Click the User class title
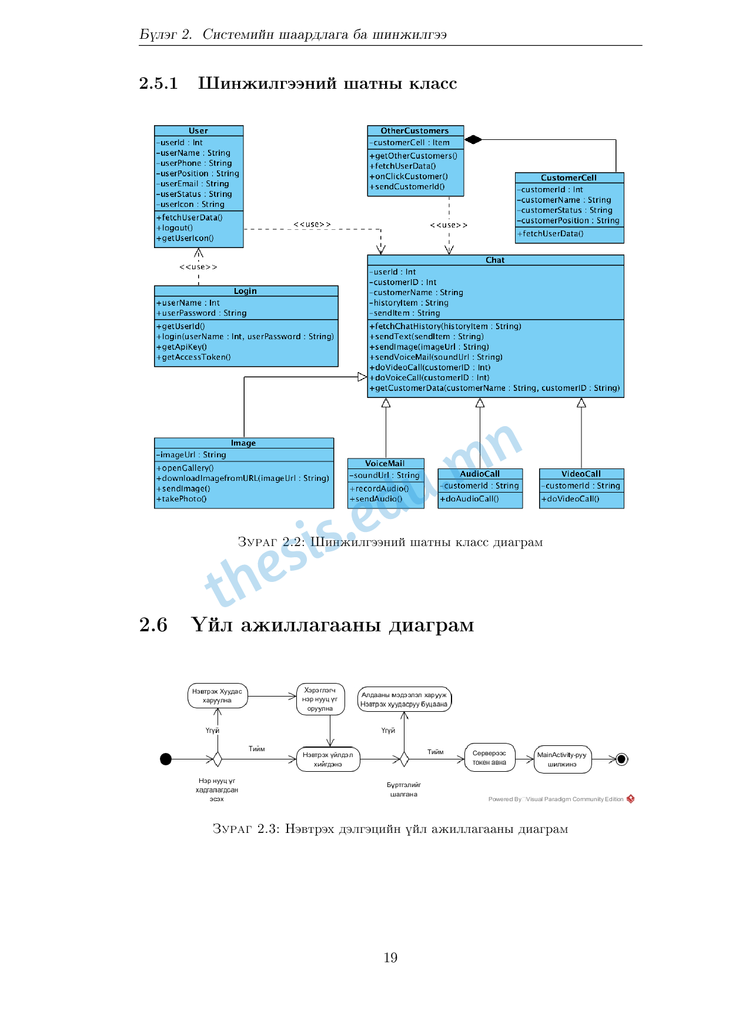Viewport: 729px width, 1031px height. pos(198,130)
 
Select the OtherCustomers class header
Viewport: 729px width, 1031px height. pos(414,130)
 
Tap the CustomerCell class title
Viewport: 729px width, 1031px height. pos(569,178)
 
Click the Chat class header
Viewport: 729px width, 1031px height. pos(495,260)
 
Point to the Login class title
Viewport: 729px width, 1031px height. pos(245,291)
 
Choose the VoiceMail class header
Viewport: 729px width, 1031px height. pos(385,463)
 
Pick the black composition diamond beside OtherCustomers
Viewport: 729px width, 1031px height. pos(473,139)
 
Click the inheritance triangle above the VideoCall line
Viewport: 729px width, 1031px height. pos(581,403)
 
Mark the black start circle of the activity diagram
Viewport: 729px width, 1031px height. pos(166,759)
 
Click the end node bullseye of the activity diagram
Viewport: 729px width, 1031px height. pos(622,759)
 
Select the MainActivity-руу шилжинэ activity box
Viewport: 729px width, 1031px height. pos(562,759)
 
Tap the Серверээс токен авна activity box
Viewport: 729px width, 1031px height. pos(489,758)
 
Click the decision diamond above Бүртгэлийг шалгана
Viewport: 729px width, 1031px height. pos(404,759)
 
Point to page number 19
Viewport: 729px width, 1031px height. pos(390,958)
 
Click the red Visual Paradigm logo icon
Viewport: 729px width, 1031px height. pos(630,799)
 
